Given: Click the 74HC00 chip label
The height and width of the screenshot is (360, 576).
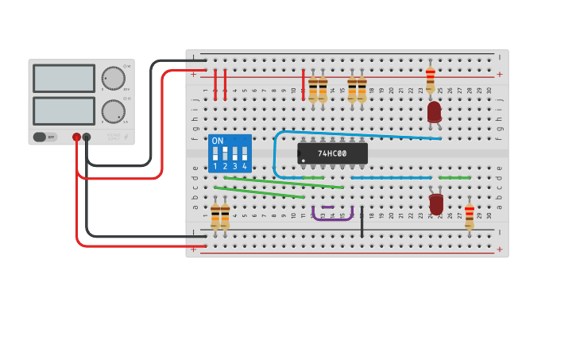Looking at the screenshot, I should (x=332, y=153).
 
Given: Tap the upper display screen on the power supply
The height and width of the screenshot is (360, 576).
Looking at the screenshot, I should (x=64, y=78).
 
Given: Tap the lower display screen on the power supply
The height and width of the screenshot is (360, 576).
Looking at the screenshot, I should (x=64, y=110).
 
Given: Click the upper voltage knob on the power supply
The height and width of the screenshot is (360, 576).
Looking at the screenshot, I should (x=113, y=78).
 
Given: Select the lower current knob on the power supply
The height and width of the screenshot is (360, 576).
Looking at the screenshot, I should (x=113, y=111).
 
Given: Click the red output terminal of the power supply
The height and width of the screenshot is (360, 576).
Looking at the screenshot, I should (x=76, y=137).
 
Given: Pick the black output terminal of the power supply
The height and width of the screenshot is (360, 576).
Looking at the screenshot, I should (x=87, y=137).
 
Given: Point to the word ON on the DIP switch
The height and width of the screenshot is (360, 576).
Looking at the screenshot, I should (x=217, y=141).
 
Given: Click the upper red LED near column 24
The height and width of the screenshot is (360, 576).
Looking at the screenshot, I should (x=434, y=112).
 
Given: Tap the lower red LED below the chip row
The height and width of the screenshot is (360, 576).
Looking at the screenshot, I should (x=436, y=204).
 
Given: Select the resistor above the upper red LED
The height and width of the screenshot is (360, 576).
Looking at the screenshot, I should (x=430, y=79).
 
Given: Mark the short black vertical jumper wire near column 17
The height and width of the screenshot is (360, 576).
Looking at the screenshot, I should (x=361, y=223).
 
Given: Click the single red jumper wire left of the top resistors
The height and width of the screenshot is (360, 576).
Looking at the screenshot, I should (x=303, y=85).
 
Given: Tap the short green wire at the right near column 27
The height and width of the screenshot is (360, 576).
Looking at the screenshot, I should (x=454, y=177).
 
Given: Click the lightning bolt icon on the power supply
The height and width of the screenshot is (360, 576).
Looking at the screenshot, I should (x=126, y=137).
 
